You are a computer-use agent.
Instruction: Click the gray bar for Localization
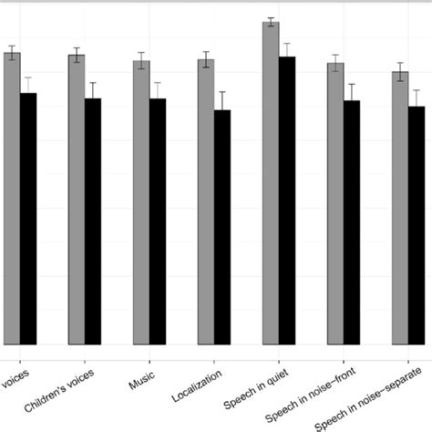coord(206,201)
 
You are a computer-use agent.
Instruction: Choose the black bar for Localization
coord(222,227)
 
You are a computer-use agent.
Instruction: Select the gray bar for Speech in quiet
coord(271,182)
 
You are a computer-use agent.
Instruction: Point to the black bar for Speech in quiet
coord(287,201)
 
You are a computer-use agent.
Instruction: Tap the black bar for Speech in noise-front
coord(352,222)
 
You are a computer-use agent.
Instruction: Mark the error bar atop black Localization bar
coord(222,102)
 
